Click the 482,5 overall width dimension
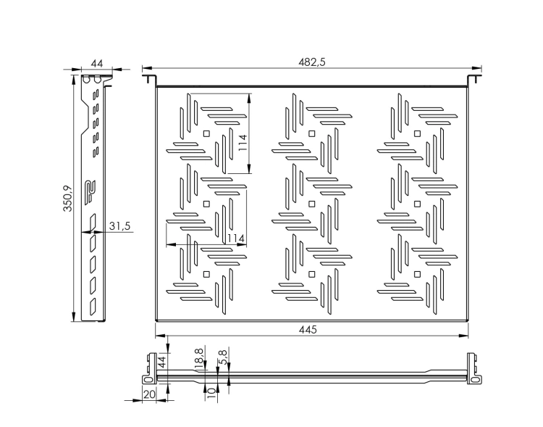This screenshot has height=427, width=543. [311, 62]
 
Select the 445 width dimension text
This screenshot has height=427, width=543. [308, 330]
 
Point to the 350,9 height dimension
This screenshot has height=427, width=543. [67, 199]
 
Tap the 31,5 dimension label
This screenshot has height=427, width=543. [119, 225]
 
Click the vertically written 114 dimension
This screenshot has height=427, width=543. [243, 143]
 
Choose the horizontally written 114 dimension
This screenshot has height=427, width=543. [236, 239]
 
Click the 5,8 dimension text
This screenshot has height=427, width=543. [224, 357]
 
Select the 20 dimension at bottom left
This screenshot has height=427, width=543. [149, 394]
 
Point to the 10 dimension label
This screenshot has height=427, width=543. [211, 392]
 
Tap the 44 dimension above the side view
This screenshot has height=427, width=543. [97, 64]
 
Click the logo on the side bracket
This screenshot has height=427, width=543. [90, 191]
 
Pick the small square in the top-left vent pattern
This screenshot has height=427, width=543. [206, 133]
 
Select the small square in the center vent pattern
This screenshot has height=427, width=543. [311, 204]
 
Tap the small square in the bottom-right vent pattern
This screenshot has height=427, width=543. [417, 274]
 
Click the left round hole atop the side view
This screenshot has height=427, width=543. [87, 80]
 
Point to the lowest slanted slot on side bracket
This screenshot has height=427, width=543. [93, 307]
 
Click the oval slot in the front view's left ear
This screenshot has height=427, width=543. [148, 380]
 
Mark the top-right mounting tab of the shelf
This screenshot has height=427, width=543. [475, 79]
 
